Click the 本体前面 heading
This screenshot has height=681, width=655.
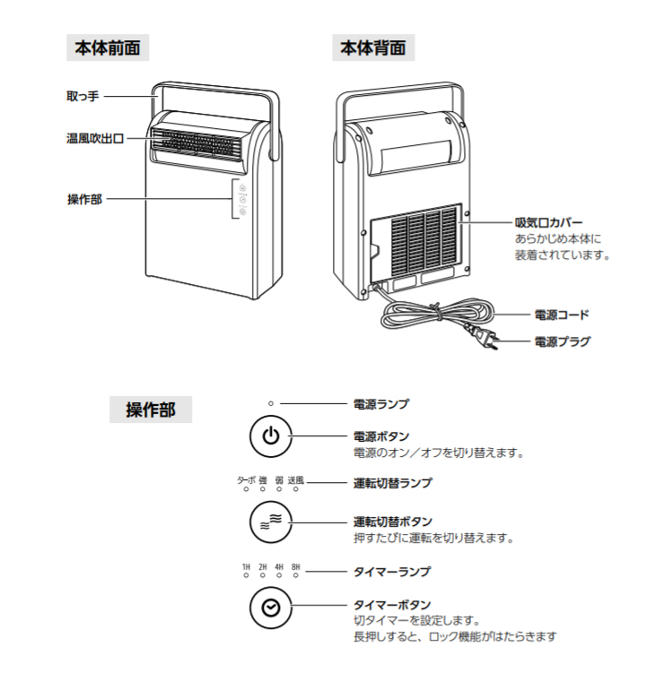(x=108, y=47)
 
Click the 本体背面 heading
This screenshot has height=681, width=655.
(x=373, y=47)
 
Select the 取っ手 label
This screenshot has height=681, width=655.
(x=83, y=96)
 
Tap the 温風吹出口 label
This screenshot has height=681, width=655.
(x=95, y=139)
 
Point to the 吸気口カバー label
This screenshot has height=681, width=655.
(x=548, y=223)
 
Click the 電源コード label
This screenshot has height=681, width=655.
(x=562, y=315)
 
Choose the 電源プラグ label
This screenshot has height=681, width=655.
(x=562, y=341)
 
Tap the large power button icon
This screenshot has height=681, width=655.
(x=271, y=436)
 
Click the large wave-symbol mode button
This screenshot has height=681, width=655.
(x=271, y=522)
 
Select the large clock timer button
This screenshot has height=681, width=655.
(x=271, y=608)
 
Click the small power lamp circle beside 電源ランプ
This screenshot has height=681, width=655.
(x=271, y=403)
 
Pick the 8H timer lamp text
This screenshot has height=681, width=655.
(x=296, y=567)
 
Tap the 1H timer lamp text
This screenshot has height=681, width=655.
(x=246, y=567)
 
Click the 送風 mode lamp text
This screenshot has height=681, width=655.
(x=296, y=480)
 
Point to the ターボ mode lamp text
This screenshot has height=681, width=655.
(x=246, y=480)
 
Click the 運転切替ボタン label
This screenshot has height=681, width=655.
(x=393, y=522)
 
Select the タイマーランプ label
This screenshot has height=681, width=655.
(x=392, y=571)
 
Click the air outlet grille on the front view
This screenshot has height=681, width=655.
(x=196, y=143)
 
